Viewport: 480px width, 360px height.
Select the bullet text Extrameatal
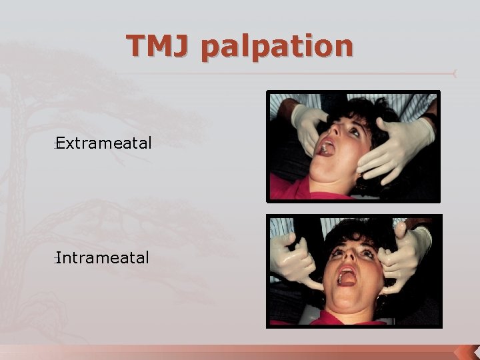point(105,142)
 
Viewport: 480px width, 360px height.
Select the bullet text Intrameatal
point(103,257)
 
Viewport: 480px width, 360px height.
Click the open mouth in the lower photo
point(347,275)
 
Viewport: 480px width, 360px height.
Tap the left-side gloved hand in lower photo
point(293,260)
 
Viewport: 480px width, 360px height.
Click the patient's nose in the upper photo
point(340,137)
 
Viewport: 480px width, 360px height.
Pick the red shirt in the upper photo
point(300,192)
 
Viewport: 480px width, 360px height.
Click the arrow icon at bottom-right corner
point(466,351)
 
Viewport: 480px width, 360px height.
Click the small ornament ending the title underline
point(454,73)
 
